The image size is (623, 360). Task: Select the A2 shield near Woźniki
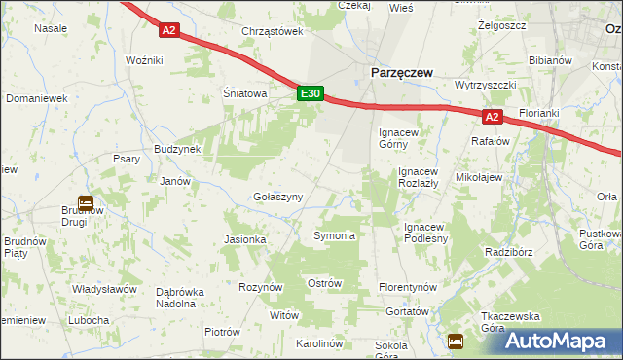tap(169, 30)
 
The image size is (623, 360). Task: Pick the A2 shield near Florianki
tap(493, 117)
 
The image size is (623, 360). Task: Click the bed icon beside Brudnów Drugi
tap(86, 203)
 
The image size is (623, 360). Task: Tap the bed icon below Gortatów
tap(455, 340)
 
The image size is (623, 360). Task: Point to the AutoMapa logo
tap(557, 341)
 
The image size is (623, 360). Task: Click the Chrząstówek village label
tap(272, 31)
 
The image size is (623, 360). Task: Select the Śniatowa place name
tap(244, 94)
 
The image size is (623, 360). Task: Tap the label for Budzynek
tap(176, 149)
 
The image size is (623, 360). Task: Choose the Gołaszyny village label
tap(277, 197)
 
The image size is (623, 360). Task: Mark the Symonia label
tap(333, 236)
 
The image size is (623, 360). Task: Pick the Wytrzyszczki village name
tap(485, 85)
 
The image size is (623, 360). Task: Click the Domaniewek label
tap(36, 99)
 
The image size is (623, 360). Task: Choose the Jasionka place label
tap(244, 239)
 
